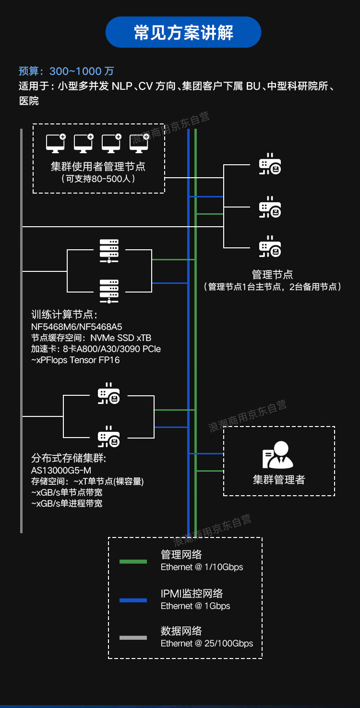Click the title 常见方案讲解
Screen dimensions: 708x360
(x=183, y=33)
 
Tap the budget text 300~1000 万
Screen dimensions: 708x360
(x=82, y=71)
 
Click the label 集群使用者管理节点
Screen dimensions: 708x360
(x=98, y=167)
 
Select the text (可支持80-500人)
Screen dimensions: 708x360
(x=98, y=179)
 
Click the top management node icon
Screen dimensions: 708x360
(x=270, y=165)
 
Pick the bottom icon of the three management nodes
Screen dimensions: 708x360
(x=270, y=247)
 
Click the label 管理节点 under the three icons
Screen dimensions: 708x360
(x=272, y=275)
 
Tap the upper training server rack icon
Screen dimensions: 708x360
(x=109, y=251)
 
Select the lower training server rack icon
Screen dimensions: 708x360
(x=109, y=291)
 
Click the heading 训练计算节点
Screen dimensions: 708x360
(x=64, y=315)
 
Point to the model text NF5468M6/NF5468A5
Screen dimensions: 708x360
(x=77, y=327)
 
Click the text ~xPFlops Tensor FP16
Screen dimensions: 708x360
(x=75, y=360)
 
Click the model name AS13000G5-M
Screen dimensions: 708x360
(x=61, y=470)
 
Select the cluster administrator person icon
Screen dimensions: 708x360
(x=278, y=455)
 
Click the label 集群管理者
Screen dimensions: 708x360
(x=279, y=479)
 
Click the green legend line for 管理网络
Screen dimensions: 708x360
(x=133, y=561)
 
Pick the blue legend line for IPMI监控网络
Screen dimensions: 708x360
(x=133, y=600)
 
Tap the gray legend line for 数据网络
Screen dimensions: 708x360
(x=133, y=638)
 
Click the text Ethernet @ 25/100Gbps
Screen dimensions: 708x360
(x=207, y=643)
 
